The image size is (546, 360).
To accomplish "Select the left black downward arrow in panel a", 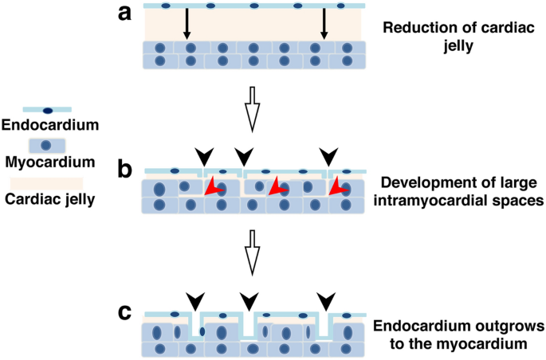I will tap(187, 24).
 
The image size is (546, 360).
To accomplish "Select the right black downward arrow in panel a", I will tap(323, 24).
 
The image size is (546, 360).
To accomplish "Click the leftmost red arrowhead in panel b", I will tap(211, 187).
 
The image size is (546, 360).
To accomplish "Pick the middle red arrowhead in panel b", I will tap(275, 187).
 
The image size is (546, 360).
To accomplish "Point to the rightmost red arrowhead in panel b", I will tap(338, 187).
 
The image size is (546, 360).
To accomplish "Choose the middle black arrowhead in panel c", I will tap(249, 301).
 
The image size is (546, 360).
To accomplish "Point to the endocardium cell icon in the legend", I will tap(47, 110).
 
